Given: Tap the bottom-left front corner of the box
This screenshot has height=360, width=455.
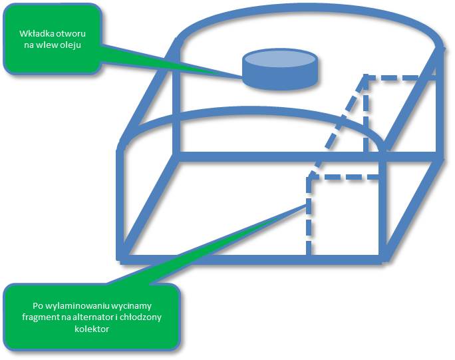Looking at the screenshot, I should pos(120,256).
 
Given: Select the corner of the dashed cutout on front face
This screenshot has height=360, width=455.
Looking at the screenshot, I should pos(309,177).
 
